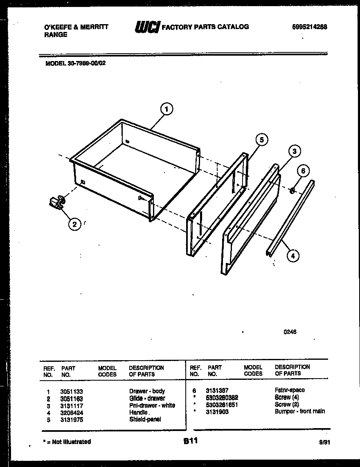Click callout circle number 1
[166, 109]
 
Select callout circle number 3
[294, 151]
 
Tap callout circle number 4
[292, 256]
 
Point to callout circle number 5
[261, 140]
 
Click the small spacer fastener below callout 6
[293, 190]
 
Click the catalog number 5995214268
[310, 27]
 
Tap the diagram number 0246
[290, 332]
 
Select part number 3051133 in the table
[71, 391]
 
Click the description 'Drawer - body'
[147, 391]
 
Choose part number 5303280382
[222, 397]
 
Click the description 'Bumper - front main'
[300, 411]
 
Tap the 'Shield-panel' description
[145, 419]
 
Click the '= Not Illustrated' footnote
[67, 442]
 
